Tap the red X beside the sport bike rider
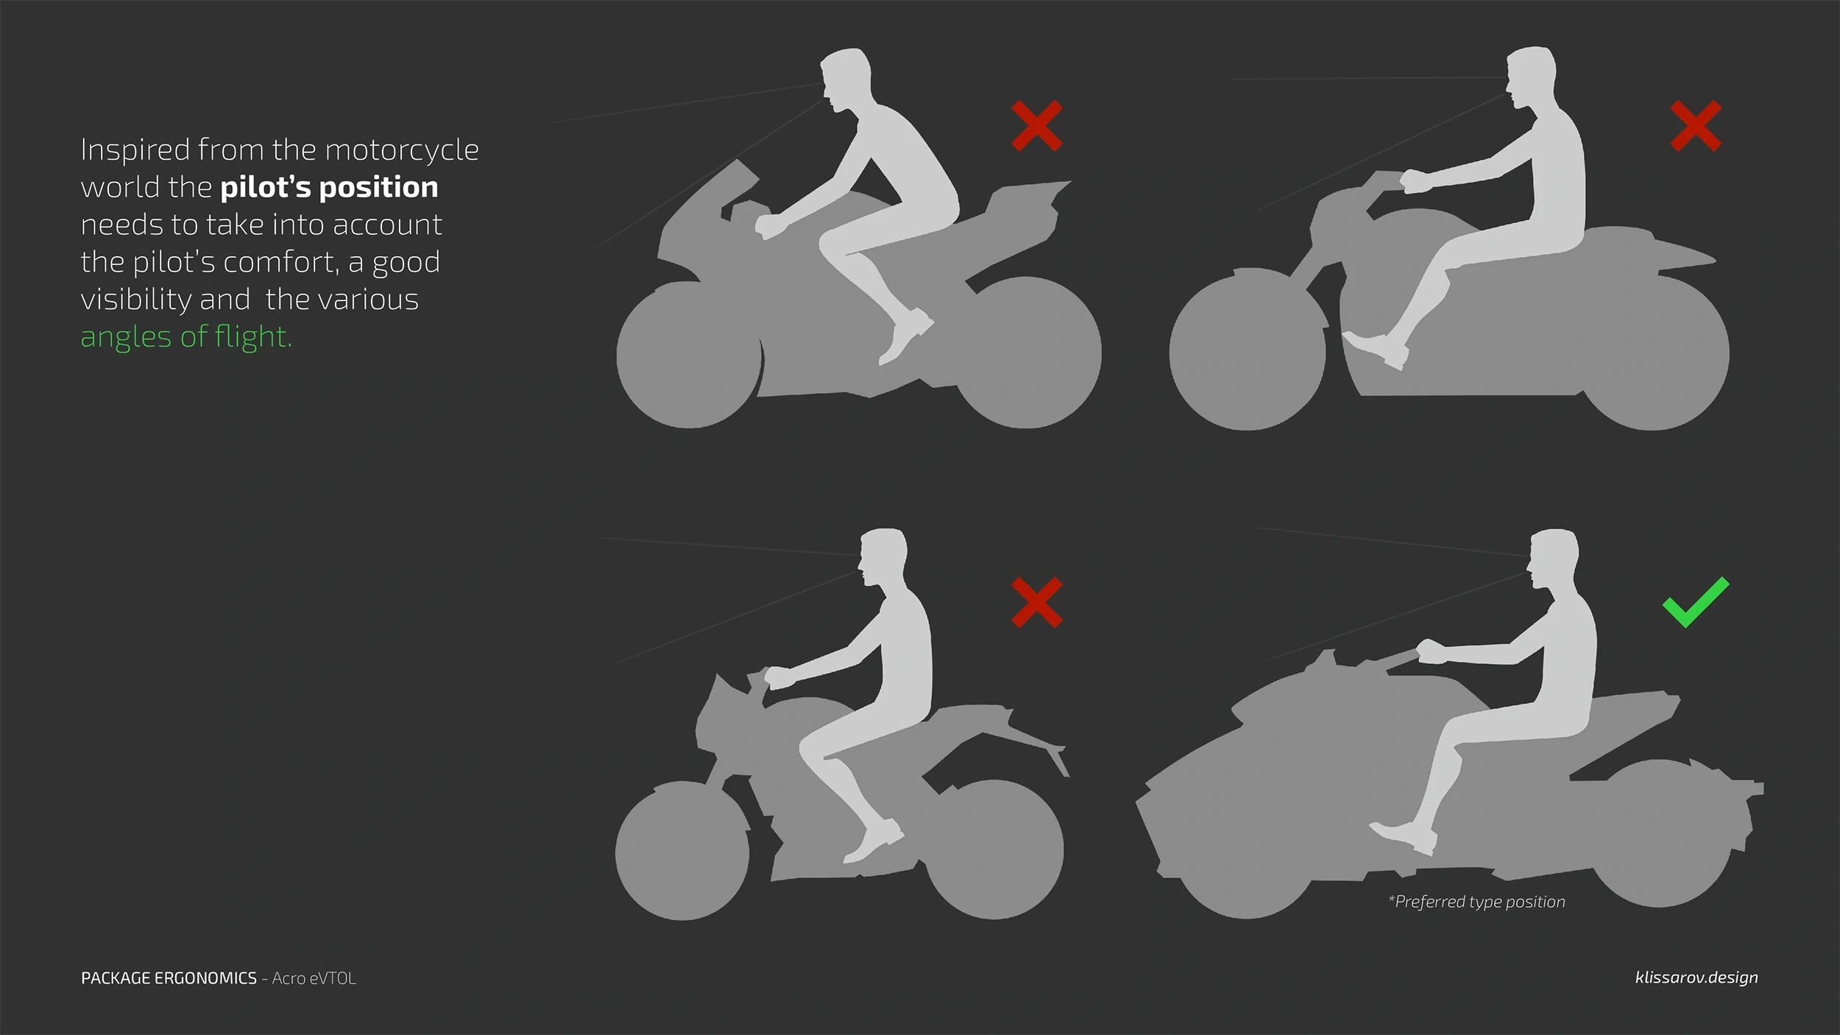(x=1036, y=126)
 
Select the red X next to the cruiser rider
(x=1695, y=126)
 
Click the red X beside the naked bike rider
(x=1036, y=602)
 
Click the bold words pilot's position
(x=329, y=187)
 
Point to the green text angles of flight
(x=186, y=336)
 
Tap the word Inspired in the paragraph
(x=135, y=150)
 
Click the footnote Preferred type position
(x=1476, y=902)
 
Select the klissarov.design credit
(x=1696, y=978)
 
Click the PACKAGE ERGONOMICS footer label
(x=169, y=978)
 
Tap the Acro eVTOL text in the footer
(x=314, y=978)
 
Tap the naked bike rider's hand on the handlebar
(x=777, y=677)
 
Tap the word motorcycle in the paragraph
(x=402, y=150)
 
